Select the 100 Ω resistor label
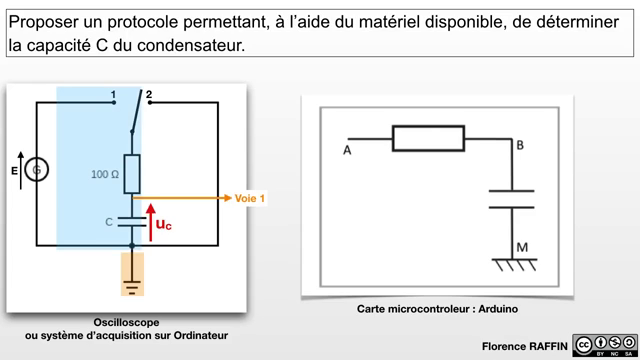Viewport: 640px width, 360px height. tap(105, 174)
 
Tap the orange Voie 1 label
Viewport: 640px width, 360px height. tap(250, 198)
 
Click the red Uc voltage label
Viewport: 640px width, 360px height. tap(164, 224)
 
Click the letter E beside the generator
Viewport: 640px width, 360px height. tap(14, 171)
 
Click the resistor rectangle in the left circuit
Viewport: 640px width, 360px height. tap(132, 174)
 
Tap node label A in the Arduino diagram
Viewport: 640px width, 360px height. tap(347, 151)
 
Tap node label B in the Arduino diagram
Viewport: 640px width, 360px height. tap(520, 145)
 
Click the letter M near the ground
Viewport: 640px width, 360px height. tap(522, 247)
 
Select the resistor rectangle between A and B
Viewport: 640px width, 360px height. tap(428, 139)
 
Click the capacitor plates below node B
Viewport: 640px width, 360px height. tap(512, 199)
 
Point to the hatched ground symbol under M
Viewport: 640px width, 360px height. tap(514, 264)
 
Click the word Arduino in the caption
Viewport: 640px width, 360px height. tap(498, 309)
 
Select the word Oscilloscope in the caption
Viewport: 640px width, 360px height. tap(126, 322)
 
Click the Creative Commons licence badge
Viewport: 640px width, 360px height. tap(605, 345)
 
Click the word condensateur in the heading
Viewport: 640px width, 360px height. tap(191, 45)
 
